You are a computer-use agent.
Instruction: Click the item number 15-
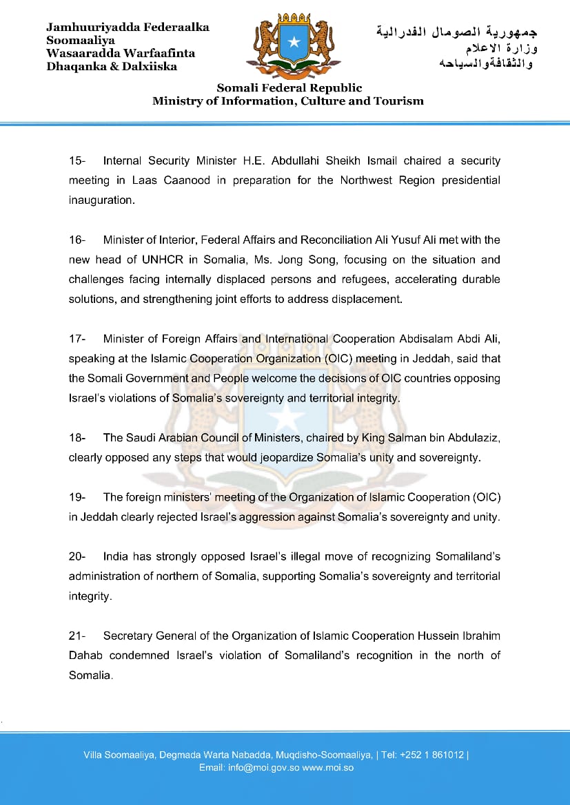77,160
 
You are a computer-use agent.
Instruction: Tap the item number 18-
77,438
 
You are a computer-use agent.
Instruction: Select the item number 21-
77,636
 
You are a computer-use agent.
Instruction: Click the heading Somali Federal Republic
289,88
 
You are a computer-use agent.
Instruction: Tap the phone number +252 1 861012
438,755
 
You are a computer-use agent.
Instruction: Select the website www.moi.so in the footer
328,767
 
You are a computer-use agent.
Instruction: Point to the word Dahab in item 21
84,656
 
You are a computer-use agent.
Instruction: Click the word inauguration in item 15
101,200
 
